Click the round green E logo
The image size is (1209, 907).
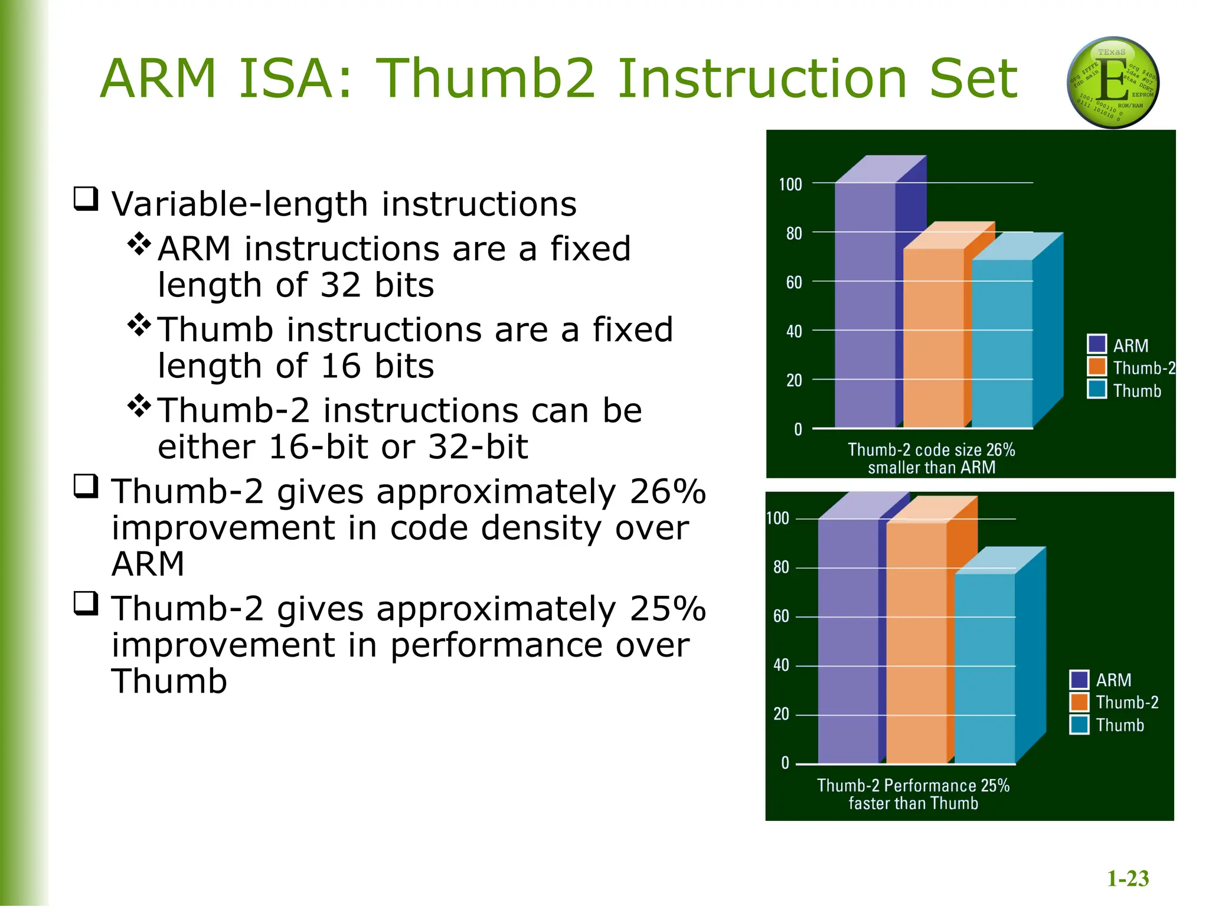tap(1113, 83)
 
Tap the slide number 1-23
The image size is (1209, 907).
tap(1128, 878)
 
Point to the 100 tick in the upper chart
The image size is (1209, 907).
tap(790, 185)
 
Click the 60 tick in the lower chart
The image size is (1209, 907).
tap(780, 616)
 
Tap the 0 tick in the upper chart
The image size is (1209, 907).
tap(798, 429)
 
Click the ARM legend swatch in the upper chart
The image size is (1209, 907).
tap(1096, 344)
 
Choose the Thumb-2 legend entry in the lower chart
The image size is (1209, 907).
tap(1126, 703)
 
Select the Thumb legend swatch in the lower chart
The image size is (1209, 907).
tap(1079, 725)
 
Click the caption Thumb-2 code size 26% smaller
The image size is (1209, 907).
tap(931, 458)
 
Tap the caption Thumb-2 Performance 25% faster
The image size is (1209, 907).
tap(913, 794)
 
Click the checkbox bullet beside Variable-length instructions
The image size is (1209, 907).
tap(86, 199)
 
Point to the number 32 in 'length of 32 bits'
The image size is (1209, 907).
tap(341, 285)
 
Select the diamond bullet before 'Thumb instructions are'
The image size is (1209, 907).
tap(139, 325)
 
